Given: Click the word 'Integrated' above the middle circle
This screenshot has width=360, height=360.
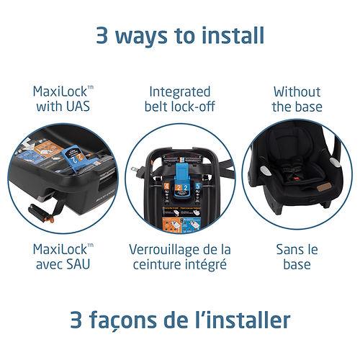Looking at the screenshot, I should pyautogui.click(x=180, y=92).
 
